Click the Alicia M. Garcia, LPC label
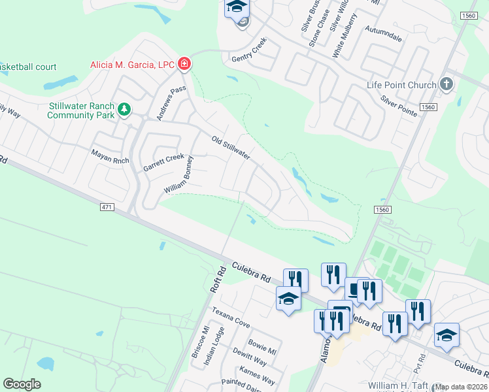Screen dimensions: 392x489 coord(131,65)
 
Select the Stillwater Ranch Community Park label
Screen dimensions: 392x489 coord(81,110)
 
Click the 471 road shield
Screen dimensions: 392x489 coord(108,207)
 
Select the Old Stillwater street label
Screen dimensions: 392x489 coord(231,148)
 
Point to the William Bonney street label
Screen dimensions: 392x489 coord(178,175)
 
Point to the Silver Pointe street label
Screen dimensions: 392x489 coord(399,106)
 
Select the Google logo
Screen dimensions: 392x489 coord(22,384)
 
